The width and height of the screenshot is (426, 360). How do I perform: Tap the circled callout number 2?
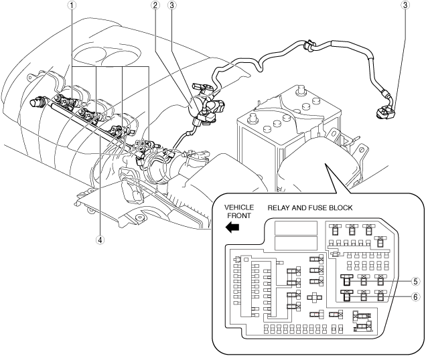[x=155, y=5]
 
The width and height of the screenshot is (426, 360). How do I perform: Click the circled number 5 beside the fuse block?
[x=415, y=281]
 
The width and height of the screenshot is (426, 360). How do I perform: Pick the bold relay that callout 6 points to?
[x=347, y=294]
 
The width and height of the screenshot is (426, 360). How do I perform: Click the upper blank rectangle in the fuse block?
[x=296, y=228]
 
